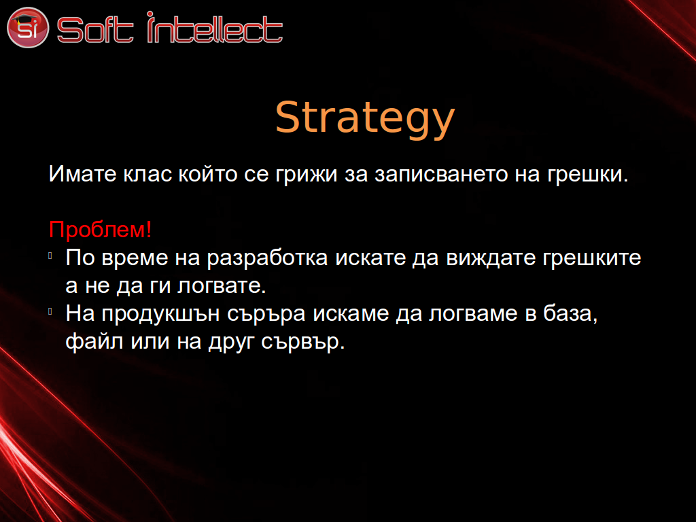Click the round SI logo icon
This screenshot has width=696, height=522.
coord(28,27)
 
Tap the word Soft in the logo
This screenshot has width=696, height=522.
coord(95,30)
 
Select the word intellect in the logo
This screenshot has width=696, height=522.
coord(215,27)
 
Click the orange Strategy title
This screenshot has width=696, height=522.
coord(365,118)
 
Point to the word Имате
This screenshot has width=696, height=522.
coord(82,173)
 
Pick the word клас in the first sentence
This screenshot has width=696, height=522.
coord(147,173)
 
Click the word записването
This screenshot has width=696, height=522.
coord(441,173)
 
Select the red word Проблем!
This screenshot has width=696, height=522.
coord(101,230)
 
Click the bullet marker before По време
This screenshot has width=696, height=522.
coord(50,256)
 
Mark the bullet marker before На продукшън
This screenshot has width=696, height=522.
coord(50,311)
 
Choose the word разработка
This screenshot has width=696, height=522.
coord(268,258)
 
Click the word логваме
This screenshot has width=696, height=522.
coord(473,314)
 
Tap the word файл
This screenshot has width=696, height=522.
coord(94,342)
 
